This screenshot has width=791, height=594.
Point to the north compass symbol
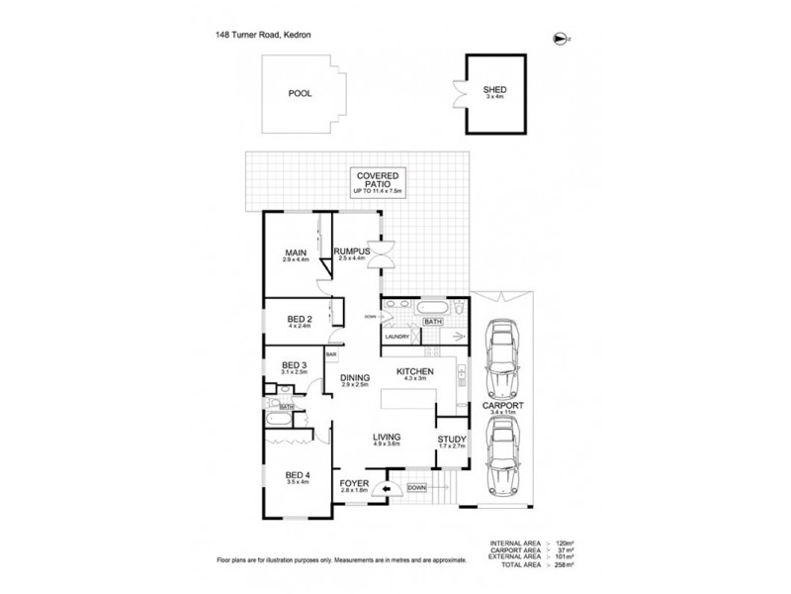pos(561,38)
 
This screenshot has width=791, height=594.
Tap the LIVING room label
pos(385,439)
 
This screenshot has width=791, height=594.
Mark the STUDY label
pos(451,443)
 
